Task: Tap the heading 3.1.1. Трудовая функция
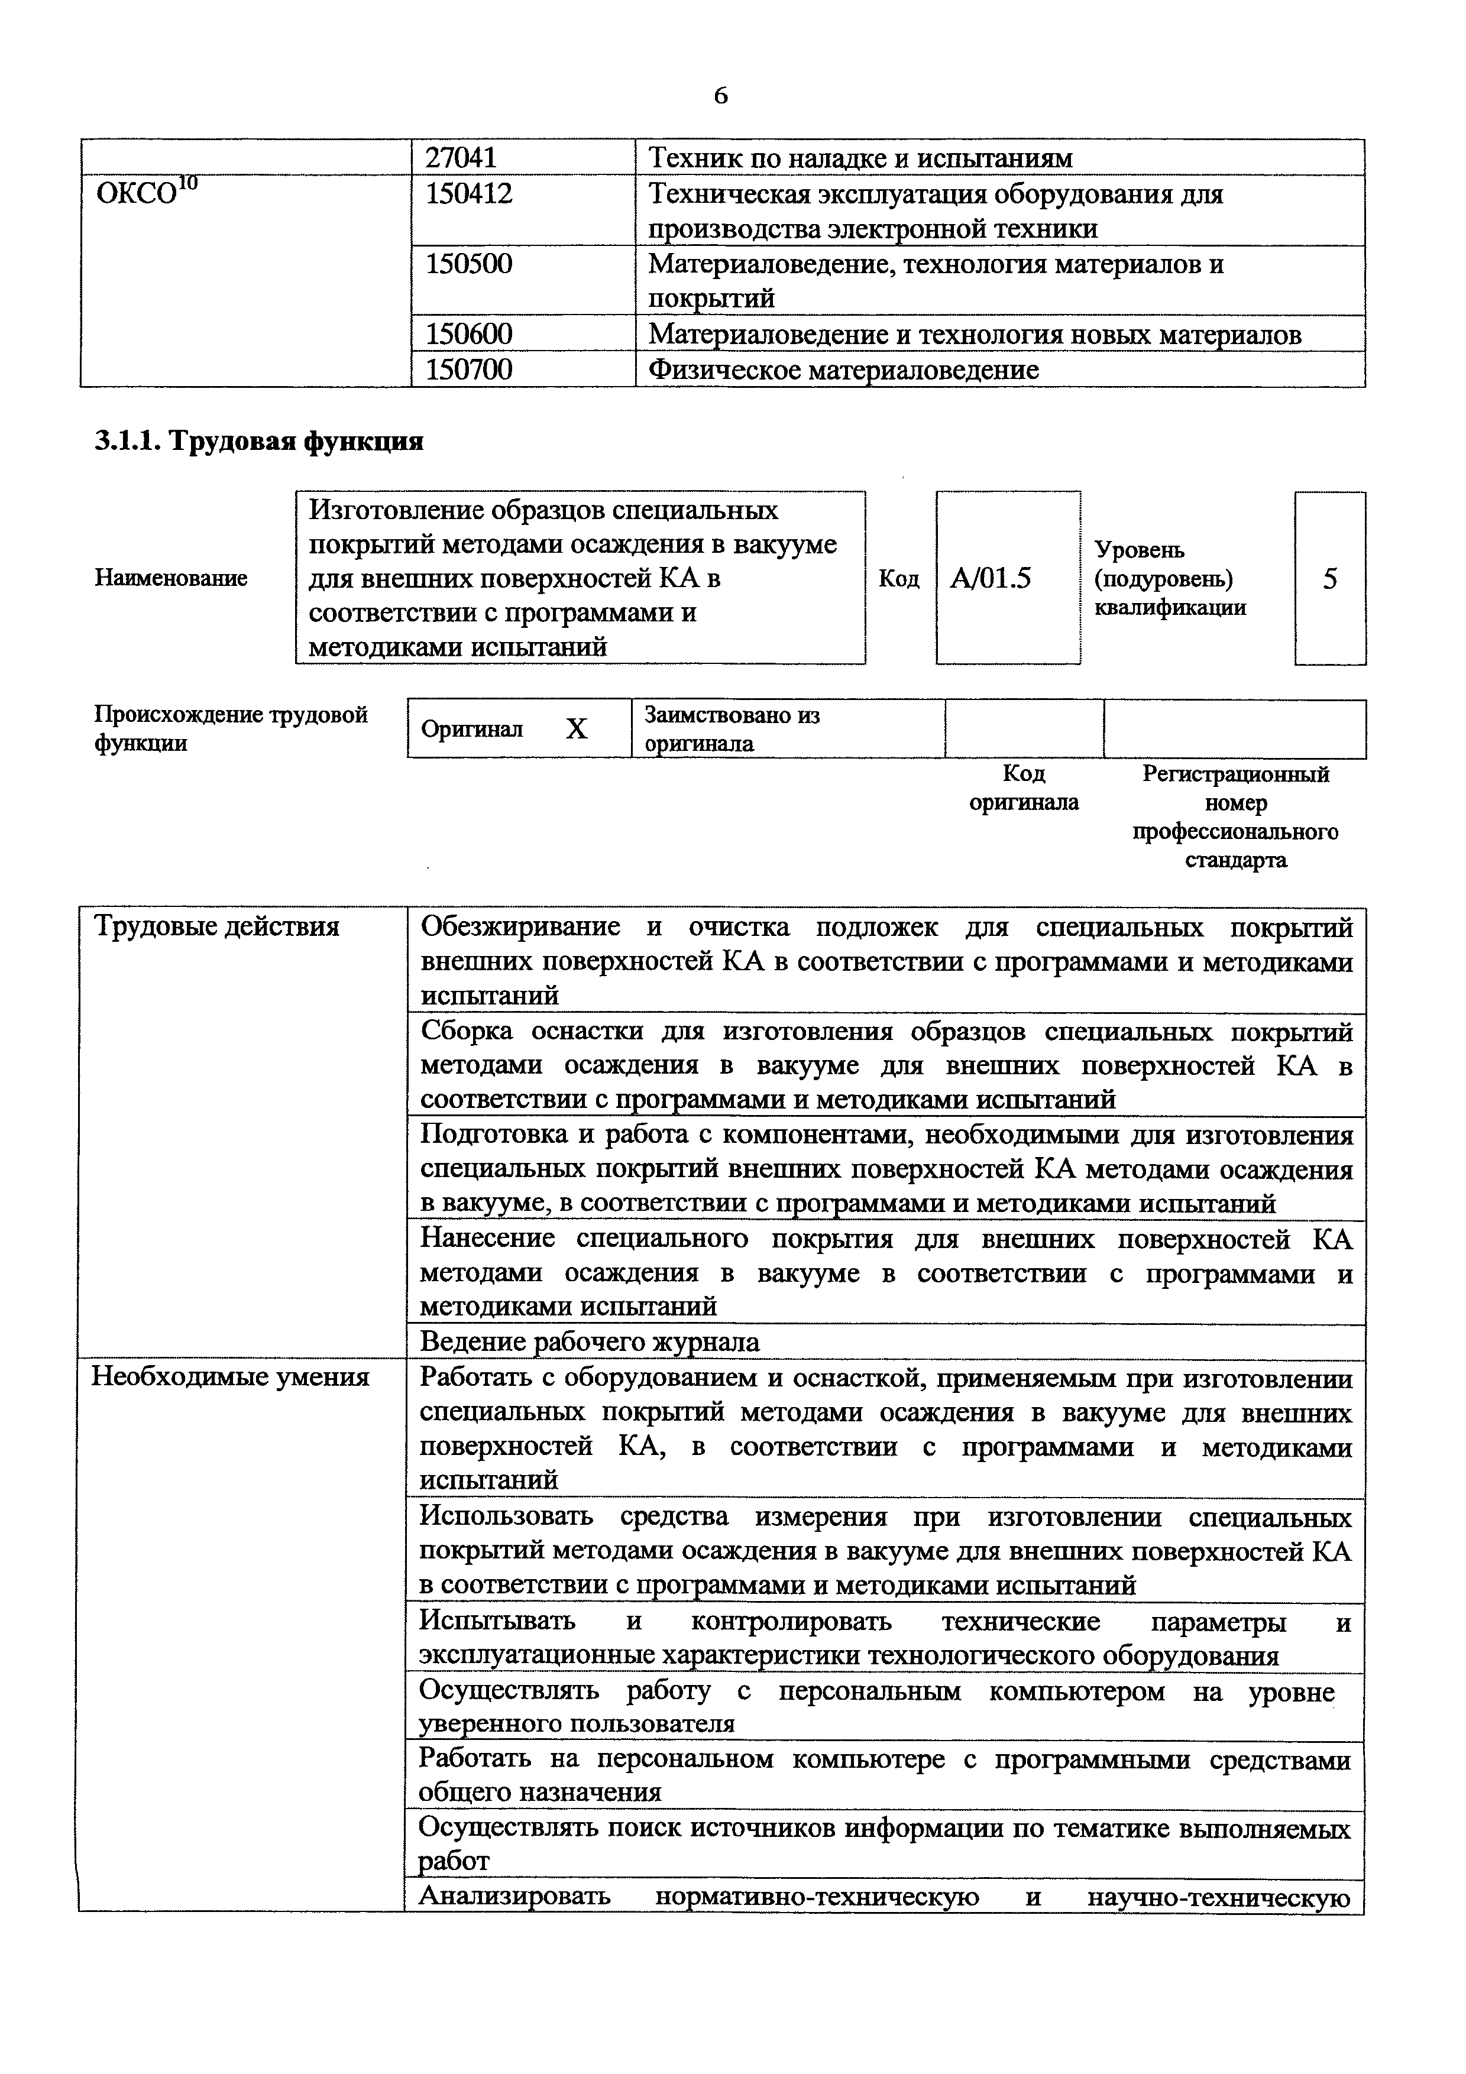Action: pyautogui.click(x=259, y=441)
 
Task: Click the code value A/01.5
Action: pyautogui.click(x=991, y=578)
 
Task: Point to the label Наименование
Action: pyautogui.click(x=171, y=578)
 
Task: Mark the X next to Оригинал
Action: pyautogui.click(x=576, y=729)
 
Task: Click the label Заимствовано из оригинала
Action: pyautogui.click(x=732, y=729)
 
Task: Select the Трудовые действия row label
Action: pyautogui.click(x=217, y=927)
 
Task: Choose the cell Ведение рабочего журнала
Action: pyautogui.click(x=590, y=1342)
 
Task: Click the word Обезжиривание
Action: pyautogui.click(x=520, y=927)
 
